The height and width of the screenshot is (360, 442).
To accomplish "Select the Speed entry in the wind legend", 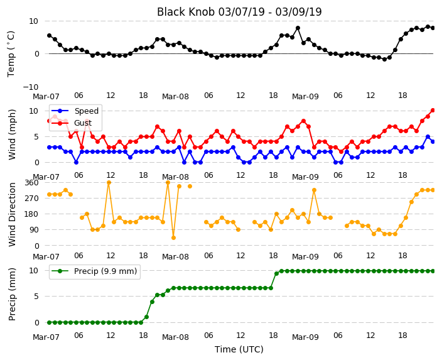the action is pyautogui.click(x=86, y=111).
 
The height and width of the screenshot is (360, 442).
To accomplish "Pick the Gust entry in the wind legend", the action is pyautogui.click(x=83, y=123).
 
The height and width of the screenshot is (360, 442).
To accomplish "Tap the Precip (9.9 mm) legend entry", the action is pyautogui.click(x=105, y=271).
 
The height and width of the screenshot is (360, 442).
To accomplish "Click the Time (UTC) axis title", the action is pyautogui.click(x=239, y=349).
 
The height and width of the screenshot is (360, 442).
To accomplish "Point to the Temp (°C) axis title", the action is pyautogui.click(x=11, y=54).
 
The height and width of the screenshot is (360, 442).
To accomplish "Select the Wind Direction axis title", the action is pyautogui.click(x=12, y=214).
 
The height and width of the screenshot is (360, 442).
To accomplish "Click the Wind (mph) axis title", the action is pyautogui.click(x=12, y=134).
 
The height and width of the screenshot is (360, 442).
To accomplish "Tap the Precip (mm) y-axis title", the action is pyautogui.click(x=12, y=294).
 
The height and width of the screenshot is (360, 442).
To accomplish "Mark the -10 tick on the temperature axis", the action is pyautogui.click(x=30, y=87).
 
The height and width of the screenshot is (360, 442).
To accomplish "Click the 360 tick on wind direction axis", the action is pyautogui.click(x=31, y=183).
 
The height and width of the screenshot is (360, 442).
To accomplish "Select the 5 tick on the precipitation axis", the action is pyautogui.click(x=36, y=297).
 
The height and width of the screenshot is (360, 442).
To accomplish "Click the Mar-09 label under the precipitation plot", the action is pyautogui.click(x=305, y=337).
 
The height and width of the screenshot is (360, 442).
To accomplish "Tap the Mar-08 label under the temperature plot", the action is pyautogui.click(x=175, y=97).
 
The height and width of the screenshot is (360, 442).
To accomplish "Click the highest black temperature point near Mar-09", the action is pyautogui.click(x=298, y=28).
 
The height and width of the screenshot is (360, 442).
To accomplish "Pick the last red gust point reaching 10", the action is pyautogui.click(x=433, y=111).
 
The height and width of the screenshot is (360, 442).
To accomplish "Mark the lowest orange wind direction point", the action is pyautogui.click(x=173, y=238).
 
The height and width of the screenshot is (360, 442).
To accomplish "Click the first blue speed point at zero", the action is pyautogui.click(x=76, y=162).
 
